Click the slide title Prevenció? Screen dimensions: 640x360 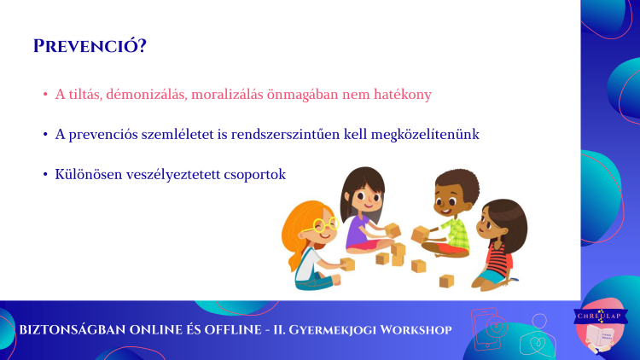click(90, 46)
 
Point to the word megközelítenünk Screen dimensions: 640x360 click(425, 134)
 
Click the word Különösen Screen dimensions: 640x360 click(89, 174)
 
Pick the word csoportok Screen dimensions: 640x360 click(254, 175)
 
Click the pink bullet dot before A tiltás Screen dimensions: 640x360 click(45, 95)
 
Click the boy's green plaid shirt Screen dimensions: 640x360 click(455, 234)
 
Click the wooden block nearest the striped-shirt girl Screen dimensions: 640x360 click(446, 281)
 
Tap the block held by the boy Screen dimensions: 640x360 click(420, 235)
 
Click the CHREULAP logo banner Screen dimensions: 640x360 click(601, 316)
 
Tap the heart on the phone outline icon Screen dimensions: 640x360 click(497, 327)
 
